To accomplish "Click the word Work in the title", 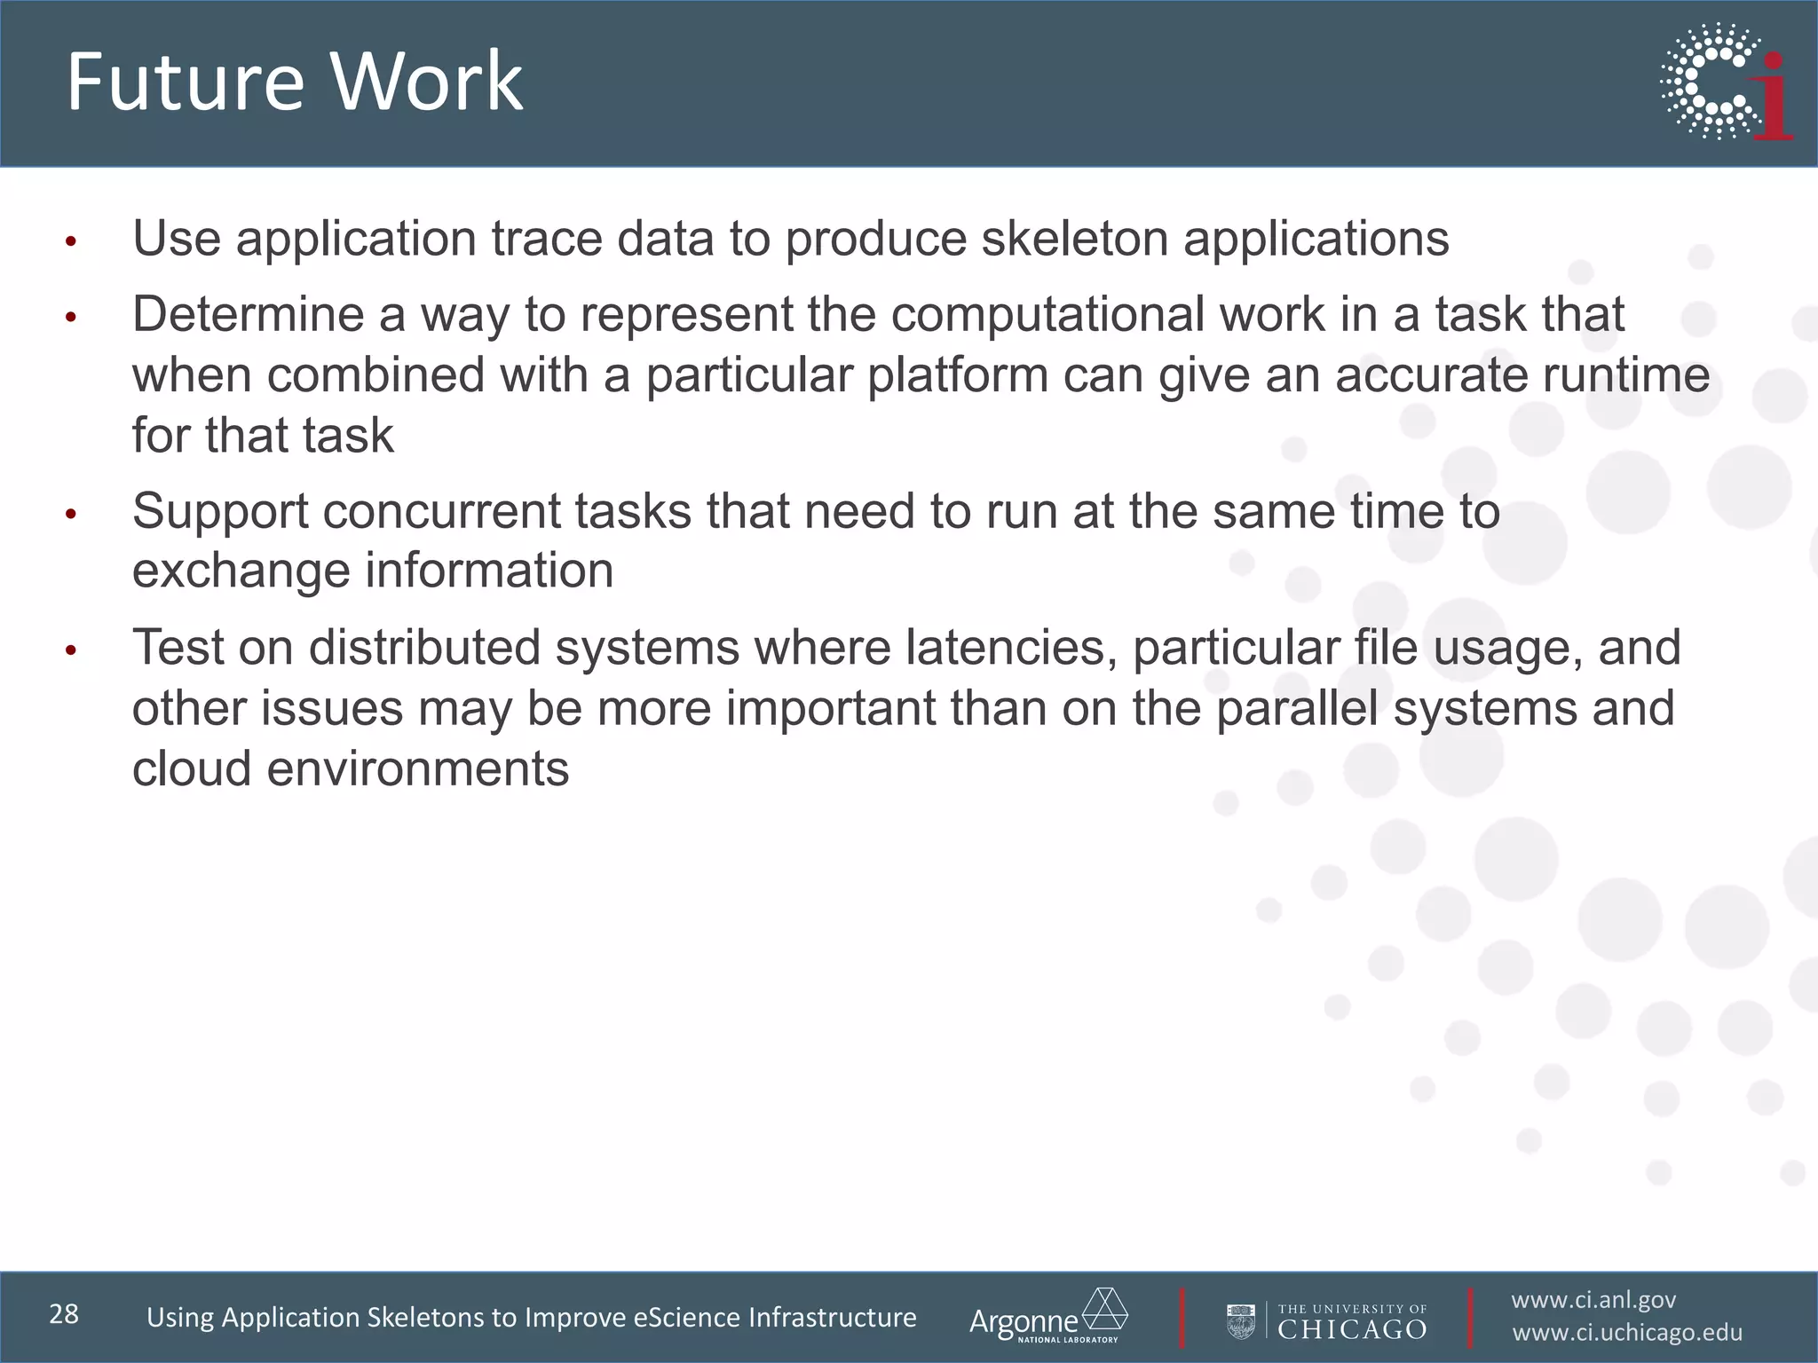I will coord(427,82).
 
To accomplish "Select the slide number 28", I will coord(64,1314).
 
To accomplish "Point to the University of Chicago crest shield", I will coord(1240,1320).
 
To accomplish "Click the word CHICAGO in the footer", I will coord(1351,1329).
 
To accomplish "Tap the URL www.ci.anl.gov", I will coord(1593,1300).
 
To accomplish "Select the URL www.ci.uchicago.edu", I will coord(1627,1333).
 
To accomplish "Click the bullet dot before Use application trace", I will coord(71,241).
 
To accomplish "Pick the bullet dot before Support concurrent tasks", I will coord(71,514).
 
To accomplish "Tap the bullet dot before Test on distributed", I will coord(71,650).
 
